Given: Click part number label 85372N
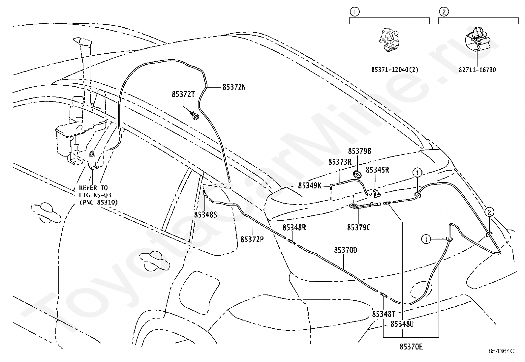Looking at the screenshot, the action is click(234, 87).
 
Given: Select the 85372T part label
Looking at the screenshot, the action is click(183, 94).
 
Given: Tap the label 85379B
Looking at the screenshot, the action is click(359, 151).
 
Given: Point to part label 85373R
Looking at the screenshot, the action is click(340, 162).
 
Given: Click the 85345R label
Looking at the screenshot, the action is click(378, 170).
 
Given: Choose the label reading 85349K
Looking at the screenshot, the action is click(310, 186).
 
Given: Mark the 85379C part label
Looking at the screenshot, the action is click(359, 227).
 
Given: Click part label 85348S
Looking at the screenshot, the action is click(205, 215).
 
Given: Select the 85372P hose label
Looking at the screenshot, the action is click(252, 239).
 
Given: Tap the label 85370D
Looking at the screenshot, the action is click(346, 250).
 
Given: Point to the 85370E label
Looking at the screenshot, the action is click(411, 347).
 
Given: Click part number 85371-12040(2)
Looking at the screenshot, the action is click(395, 70).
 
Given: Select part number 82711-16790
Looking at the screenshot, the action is click(477, 70).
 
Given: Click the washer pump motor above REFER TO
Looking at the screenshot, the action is click(93, 160).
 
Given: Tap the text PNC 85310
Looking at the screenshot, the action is click(99, 202).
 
